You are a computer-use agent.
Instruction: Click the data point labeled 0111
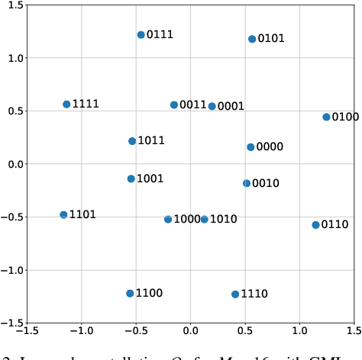pos(141,35)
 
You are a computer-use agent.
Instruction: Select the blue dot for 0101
pos(252,39)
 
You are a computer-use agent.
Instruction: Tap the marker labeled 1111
pos(66,104)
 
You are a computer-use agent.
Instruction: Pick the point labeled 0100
pos(326,117)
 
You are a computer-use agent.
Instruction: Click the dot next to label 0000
pos(250,147)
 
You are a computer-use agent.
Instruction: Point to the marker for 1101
pos(63,215)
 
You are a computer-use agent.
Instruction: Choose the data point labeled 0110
pos(315,225)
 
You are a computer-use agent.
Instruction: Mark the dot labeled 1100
pos(130,294)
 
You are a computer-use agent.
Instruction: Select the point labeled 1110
pos(235,294)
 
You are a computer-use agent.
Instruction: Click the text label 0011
pos(193,105)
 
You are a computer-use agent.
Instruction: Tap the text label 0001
pos(231,107)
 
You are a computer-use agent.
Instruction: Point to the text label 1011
pos(151,141)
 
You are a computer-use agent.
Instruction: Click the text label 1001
pos(150,179)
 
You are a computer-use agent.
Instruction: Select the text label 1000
pos(187,220)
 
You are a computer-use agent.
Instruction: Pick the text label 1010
pos(224,220)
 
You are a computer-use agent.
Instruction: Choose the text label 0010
pos(266,184)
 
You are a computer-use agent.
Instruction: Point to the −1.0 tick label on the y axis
pos(11,270)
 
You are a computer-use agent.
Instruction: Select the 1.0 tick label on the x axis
pos(299,332)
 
